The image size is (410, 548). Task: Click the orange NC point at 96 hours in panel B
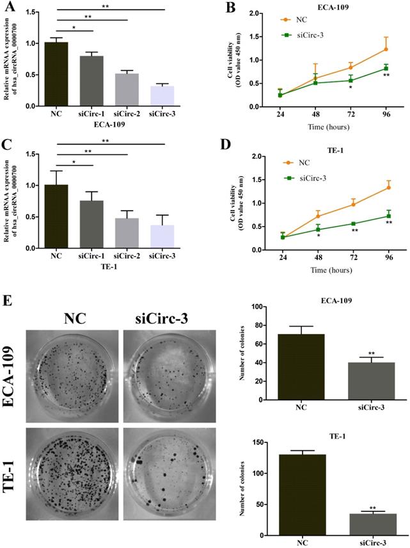point(386,49)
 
